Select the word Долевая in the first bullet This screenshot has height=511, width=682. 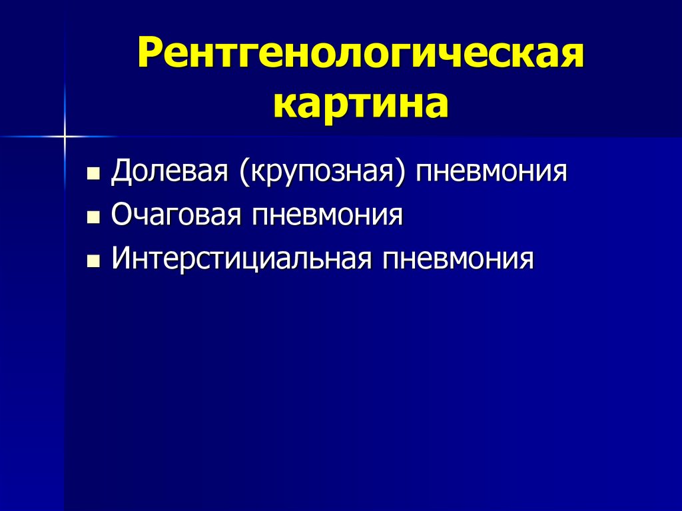[170, 173]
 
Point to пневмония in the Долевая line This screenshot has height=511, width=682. [492, 173]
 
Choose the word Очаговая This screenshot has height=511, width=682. [175, 216]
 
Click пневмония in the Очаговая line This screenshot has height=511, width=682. [326, 216]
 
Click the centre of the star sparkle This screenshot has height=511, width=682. [65, 137]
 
